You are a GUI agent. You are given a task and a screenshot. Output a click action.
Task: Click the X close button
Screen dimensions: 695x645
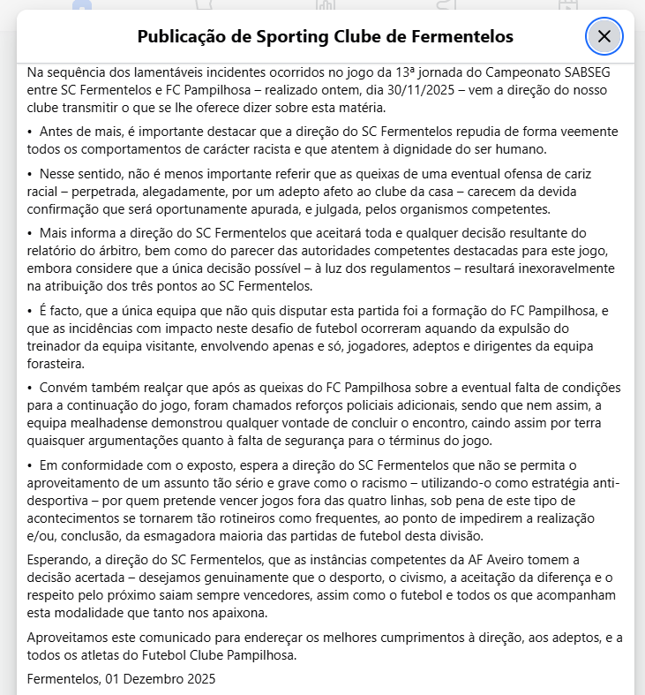click(x=604, y=36)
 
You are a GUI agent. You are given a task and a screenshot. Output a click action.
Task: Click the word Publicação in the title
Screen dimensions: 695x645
click(x=181, y=36)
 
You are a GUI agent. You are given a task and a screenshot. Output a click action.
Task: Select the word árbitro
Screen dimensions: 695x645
click(x=109, y=252)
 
